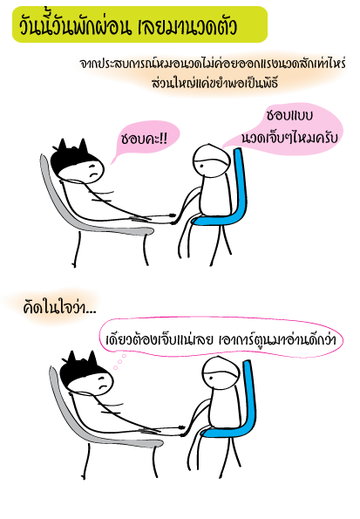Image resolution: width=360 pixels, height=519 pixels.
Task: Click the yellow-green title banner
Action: (x=139, y=24)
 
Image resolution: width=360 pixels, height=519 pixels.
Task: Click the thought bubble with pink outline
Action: (x=221, y=338)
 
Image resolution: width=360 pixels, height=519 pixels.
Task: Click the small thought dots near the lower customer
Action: (x=119, y=361)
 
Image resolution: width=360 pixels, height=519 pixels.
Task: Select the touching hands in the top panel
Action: (x=173, y=218)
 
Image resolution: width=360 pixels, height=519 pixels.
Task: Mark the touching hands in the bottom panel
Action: (x=183, y=430)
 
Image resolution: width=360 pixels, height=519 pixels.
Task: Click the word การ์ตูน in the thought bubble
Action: (x=250, y=339)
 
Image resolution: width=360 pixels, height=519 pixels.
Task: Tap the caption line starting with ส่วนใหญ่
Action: (x=214, y=83)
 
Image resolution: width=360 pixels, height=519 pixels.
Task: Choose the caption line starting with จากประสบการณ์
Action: (x=213, y=63)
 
